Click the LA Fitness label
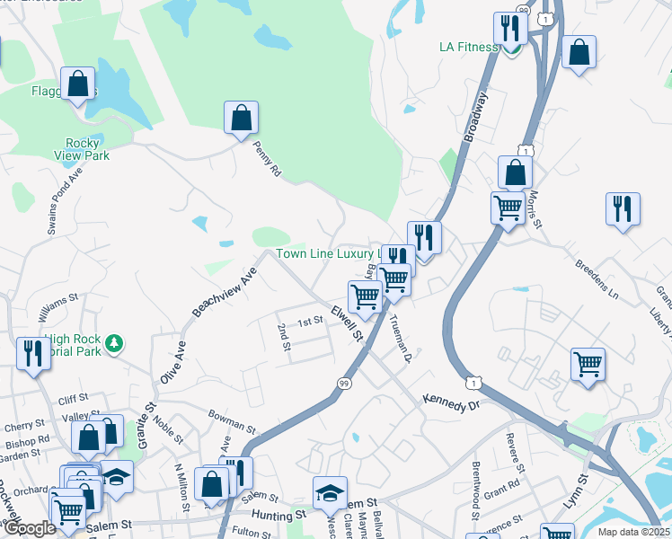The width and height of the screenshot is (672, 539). (x=468, y=47)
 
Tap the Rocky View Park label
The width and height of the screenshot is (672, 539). (x=87, y=149)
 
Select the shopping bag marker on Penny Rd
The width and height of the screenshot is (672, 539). (x=241, y=118)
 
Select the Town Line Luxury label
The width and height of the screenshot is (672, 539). (x=330, y=254)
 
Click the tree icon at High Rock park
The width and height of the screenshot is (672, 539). (x=113, y=342)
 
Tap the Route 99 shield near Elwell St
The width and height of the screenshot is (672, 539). (x=343, y=384)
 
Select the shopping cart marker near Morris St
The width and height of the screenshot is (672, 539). (x=508, y=208)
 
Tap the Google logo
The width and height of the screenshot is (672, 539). (x=30, y=528)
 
